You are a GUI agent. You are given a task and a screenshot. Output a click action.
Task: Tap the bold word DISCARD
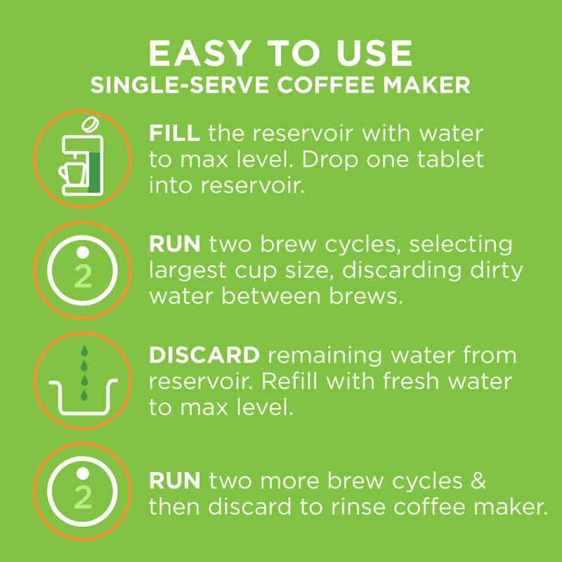pyautogui.click(x=204, y=355)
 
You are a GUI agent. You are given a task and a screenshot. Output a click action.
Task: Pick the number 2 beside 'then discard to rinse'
pyautogui.click(x=83, y=497)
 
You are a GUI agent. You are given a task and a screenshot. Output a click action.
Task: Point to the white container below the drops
pyautogui.click(x=83, y=399)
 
